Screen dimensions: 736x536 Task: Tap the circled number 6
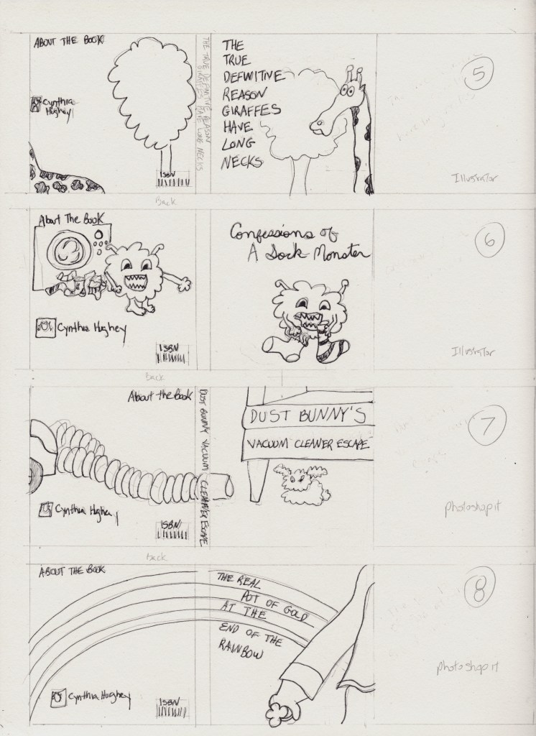488,241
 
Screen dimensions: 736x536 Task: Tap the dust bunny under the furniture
302,484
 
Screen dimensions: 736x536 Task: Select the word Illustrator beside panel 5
473,177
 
